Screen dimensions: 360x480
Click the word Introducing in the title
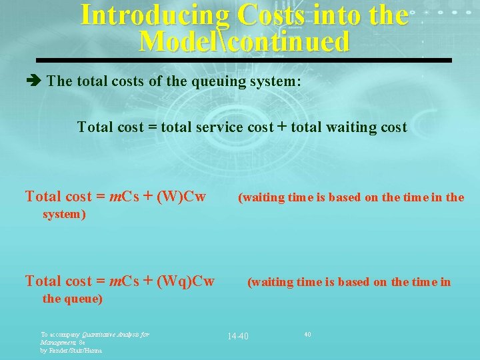point(153,15)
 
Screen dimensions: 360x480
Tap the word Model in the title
point(172,42)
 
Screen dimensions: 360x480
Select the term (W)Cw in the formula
point(182,197)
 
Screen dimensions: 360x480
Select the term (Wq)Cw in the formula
point(185,281)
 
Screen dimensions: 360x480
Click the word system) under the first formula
point(65,215)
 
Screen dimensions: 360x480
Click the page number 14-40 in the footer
point(237,336)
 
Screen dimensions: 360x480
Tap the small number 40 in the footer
point(307,333)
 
